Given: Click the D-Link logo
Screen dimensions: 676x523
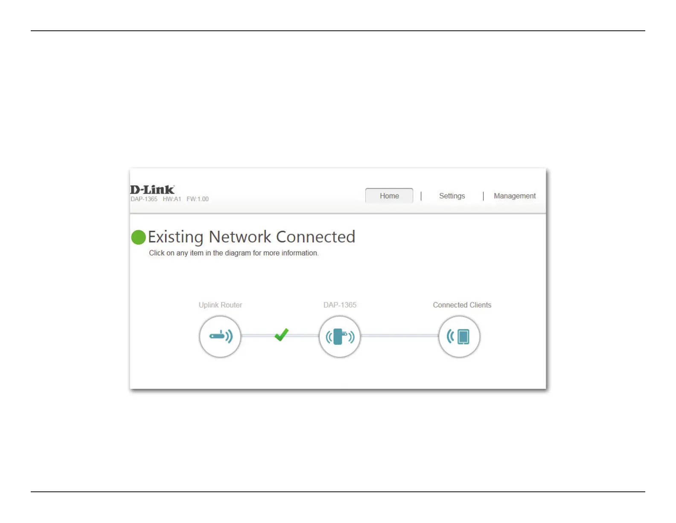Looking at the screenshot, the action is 152,189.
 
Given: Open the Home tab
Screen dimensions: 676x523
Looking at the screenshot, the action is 389,196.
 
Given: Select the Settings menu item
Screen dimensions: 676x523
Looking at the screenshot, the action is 452,196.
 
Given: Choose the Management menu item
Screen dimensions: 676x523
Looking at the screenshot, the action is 514,196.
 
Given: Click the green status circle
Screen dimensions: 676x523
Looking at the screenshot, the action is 138,237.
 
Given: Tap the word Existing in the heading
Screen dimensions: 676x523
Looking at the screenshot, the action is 175,237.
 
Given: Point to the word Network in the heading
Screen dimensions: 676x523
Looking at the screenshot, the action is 240,237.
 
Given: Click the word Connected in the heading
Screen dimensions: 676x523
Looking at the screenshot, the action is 315,237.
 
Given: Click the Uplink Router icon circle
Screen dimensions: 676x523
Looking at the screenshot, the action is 220,336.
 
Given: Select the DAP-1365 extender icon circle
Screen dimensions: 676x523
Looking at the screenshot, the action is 340,336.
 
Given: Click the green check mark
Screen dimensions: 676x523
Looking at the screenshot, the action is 282,335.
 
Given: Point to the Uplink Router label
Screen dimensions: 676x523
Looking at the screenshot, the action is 220,305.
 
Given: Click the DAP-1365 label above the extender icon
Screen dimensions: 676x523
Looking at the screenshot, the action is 340,305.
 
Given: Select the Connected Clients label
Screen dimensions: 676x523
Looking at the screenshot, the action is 462,305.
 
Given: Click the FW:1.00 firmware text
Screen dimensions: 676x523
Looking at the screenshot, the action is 198,199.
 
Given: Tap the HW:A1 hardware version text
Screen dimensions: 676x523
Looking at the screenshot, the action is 172,199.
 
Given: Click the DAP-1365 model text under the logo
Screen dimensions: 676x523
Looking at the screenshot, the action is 144,199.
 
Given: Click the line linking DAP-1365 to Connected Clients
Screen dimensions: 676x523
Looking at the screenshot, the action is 399,336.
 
